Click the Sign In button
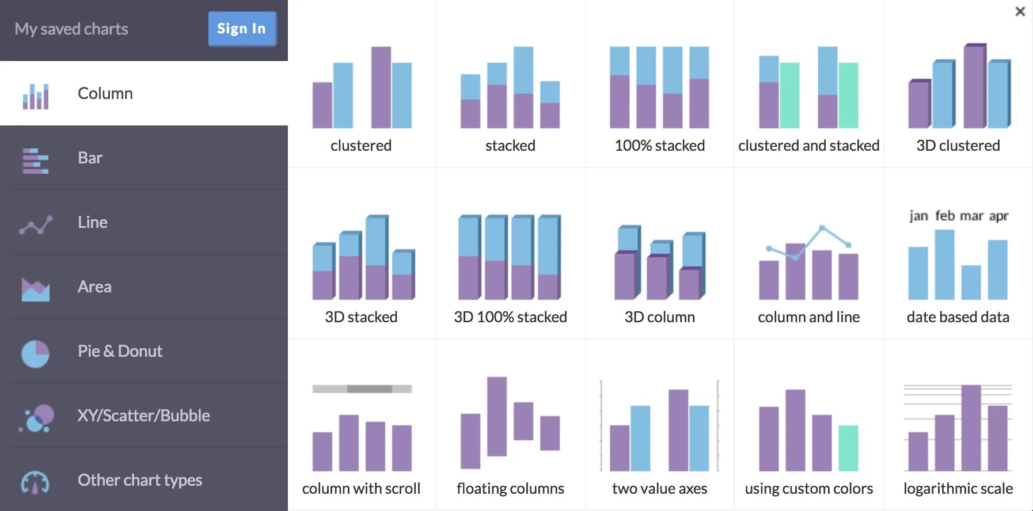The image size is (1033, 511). (242, 28)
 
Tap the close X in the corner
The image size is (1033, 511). (1020, 12)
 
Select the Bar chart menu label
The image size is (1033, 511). (90, 158)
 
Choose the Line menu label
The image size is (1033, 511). (93, 222)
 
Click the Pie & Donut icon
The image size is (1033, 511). (35, 353)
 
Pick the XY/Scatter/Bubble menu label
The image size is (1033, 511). (143, 415)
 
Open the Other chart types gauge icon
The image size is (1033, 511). (35, 482)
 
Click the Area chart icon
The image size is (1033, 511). (35, 289)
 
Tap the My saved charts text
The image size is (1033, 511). (71, 29)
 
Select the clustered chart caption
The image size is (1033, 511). (361, 146)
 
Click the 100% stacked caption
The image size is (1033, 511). (659, 146)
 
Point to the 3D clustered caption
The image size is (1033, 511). (958, 146)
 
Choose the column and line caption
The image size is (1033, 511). (808, 317)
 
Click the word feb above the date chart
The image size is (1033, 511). (945, 216)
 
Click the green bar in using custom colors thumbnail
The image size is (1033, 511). (848, 448)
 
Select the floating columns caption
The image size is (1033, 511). (510, 489)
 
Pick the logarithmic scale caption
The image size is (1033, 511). (958, 489)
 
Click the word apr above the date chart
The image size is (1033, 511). (998, 216)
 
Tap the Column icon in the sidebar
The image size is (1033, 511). (35, 96)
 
